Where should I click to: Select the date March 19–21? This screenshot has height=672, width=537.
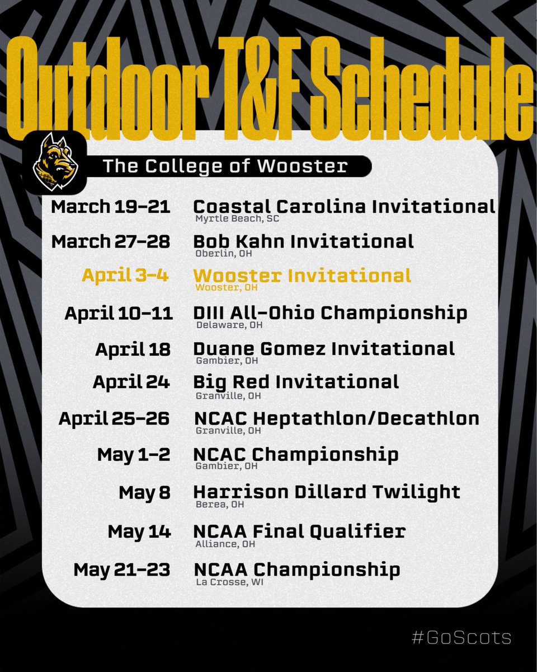click(110, 206)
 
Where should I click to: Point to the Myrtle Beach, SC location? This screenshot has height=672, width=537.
click(237, 218)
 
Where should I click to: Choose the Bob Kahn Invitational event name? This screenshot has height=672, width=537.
click(303, 241)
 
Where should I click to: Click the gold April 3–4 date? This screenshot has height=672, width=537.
click(125, 276)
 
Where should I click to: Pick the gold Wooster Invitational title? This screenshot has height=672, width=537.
click(302, 276)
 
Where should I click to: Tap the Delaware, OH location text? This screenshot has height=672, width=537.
click(229, 325)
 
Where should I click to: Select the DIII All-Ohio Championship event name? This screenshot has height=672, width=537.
click(330, 312)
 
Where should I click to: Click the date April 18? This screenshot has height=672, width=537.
click(133, 349)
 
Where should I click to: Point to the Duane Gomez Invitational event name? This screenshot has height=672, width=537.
click(323, 348)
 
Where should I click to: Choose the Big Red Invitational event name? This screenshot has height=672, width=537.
click(296, 382)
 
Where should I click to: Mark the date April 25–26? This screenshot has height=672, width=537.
click(114, 418)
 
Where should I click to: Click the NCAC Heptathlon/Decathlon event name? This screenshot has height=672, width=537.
click(336, 418)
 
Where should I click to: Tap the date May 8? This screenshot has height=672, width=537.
click(144, 493)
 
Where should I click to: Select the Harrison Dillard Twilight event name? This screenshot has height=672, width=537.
click(327, 492)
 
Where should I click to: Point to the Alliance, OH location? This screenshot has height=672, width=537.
click(227, 543)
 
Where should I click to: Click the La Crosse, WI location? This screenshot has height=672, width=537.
click(229, 582)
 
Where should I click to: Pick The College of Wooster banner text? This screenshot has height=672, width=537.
click(225, 166)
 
